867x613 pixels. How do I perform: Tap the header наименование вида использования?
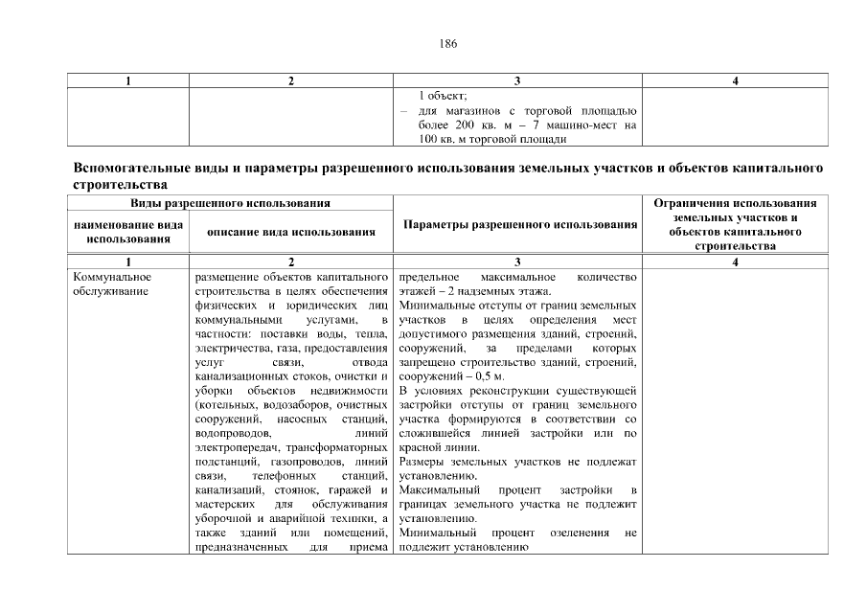pos(128,231)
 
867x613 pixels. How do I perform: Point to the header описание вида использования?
pos(290,231)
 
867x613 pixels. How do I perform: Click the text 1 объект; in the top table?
pos(443,96)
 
